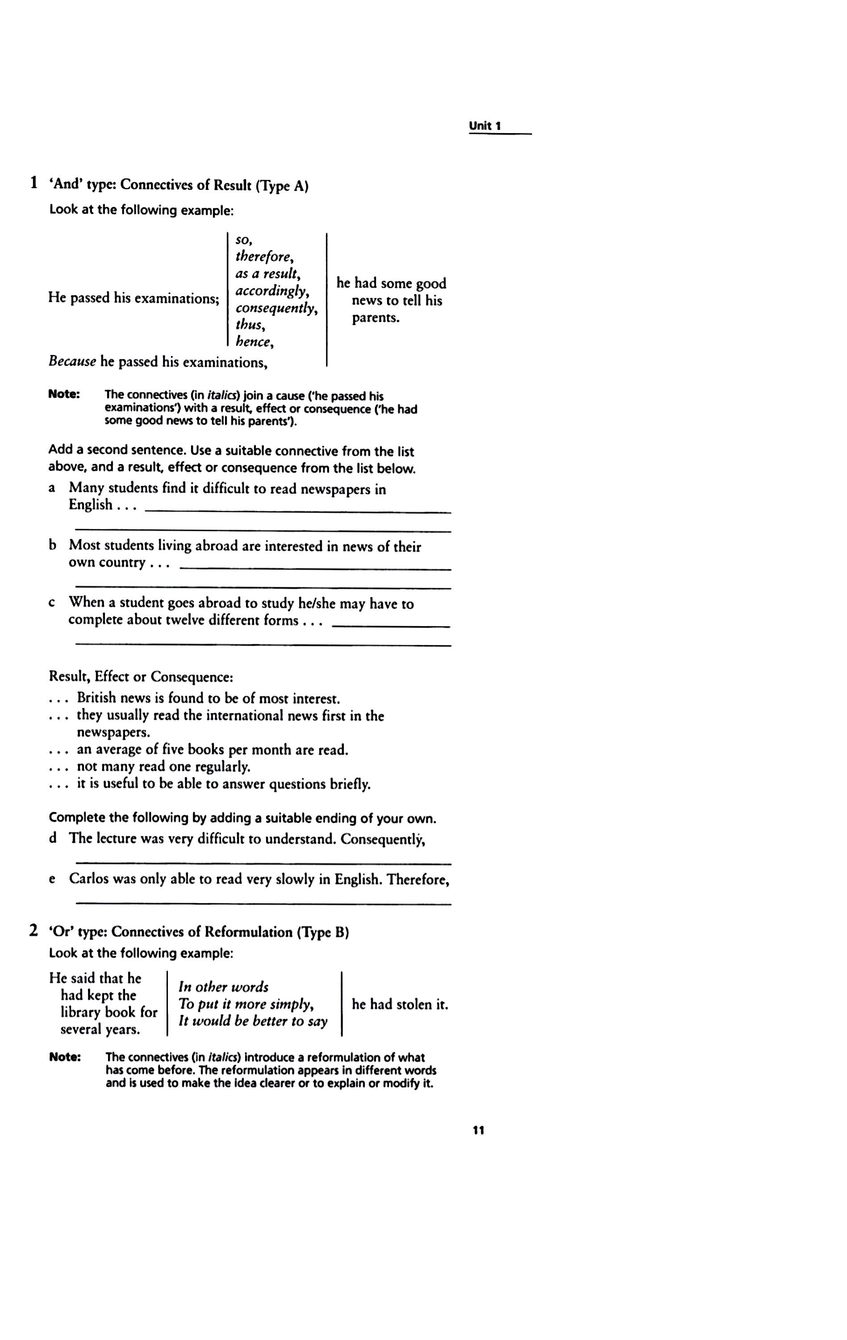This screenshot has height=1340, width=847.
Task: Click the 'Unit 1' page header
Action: [484, 126]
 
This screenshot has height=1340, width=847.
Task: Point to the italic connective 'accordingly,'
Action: [272, 292]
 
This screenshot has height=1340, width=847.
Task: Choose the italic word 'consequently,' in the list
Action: [276, 309]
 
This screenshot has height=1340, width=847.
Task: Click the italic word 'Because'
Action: [72, 362]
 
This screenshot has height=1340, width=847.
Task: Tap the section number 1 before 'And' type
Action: [34, 183]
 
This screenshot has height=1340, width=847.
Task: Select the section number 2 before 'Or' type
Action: [34, 930]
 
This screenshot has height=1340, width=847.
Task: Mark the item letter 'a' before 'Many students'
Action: [52, 489]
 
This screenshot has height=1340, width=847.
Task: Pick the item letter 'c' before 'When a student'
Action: [52, 603]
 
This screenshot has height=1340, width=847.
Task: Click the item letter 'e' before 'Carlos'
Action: [52, 879]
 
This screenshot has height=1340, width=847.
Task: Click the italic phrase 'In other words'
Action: [224, 987]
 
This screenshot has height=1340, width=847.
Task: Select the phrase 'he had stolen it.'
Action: [400, 1005]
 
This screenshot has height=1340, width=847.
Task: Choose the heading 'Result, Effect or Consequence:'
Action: [141, 677]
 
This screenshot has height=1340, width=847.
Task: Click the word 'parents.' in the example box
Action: [376, 318]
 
